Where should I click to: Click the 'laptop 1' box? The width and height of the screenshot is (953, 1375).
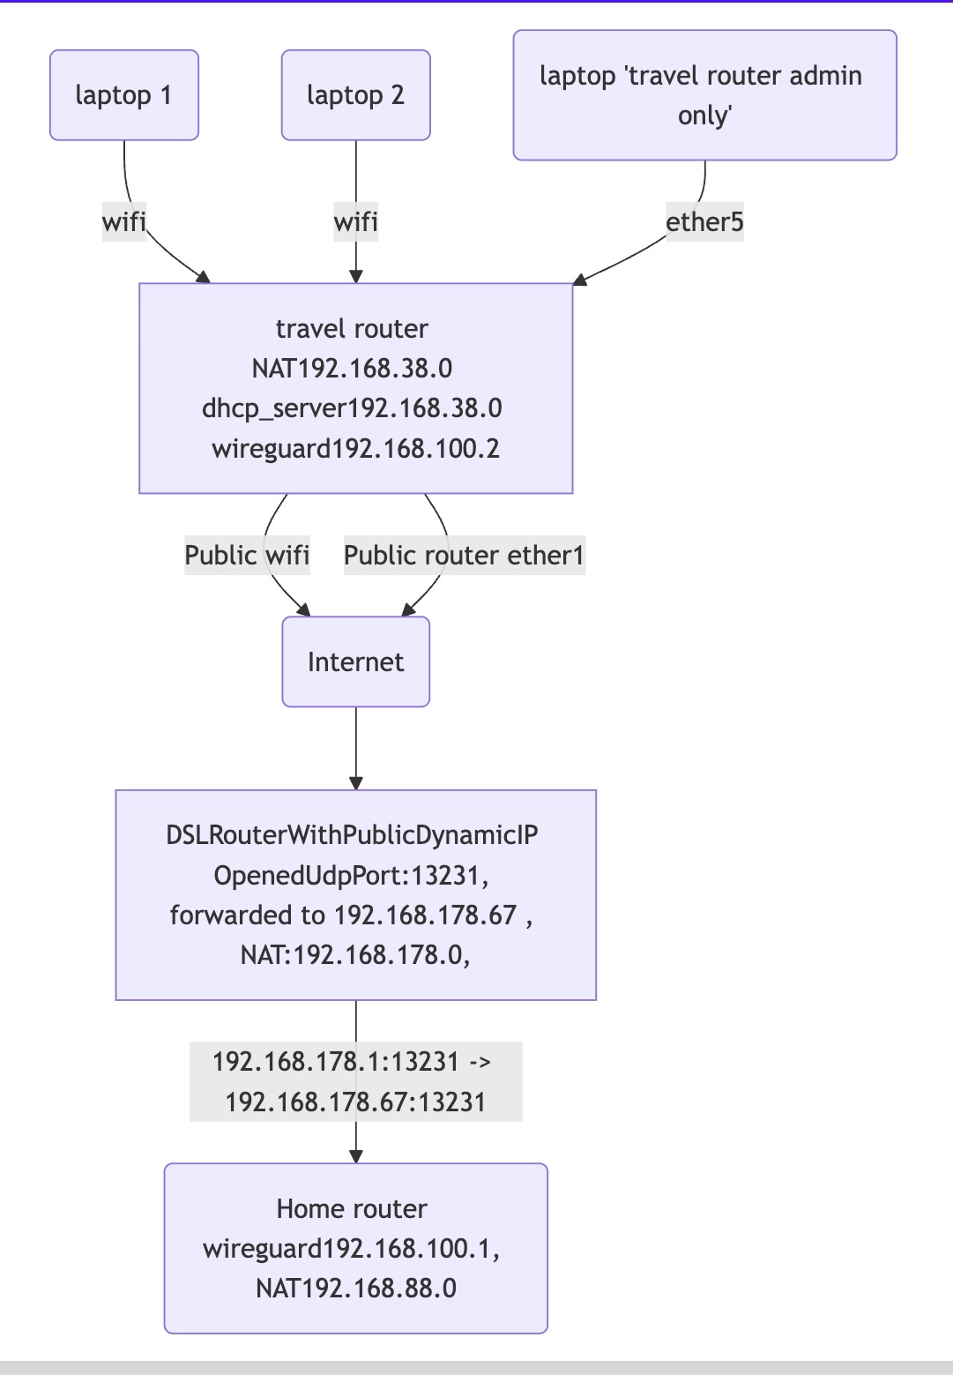coord(123,95)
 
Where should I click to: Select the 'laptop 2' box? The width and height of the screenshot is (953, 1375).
coord(355,95)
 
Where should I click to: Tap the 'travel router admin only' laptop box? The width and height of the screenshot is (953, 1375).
coord(704,95)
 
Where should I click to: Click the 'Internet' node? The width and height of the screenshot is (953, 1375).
coord(355,661)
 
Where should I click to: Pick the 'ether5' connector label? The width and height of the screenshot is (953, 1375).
coord(704,222)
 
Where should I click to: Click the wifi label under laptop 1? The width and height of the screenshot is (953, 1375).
coord(123,222)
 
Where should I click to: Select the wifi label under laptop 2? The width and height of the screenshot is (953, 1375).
coord(355,222)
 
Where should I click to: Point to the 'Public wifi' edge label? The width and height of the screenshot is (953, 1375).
coord(247,556)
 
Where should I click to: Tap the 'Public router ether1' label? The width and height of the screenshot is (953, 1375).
coord(464,556)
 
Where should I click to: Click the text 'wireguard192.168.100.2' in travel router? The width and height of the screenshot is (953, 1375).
coord(355,449)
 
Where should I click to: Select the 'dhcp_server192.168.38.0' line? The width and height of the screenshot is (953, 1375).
coord(352,408)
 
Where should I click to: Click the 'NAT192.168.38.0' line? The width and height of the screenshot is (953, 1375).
coord(352,369)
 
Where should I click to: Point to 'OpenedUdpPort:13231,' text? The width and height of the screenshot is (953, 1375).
coord(352,876)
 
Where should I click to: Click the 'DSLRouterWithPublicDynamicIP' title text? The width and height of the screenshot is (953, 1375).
coord(352,835)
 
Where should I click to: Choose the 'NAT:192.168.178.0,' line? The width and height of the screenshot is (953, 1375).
coord(355,955)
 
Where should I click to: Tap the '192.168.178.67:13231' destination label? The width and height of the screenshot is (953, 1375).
coord(355,1102)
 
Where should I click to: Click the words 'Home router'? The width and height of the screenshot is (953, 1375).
coord(352,1209)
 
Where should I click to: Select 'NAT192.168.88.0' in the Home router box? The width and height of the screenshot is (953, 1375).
coord(355,1289)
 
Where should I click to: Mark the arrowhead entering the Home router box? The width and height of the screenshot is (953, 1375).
coord(355,1156)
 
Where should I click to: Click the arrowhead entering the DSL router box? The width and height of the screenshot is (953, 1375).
coord(355,782)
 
